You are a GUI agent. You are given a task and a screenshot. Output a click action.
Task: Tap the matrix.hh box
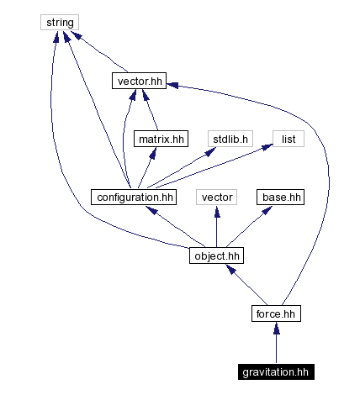tap(160, 139)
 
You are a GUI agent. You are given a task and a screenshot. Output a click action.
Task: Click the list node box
tap(287, 139)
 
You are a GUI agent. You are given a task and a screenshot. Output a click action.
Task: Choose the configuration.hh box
tap(135, 197)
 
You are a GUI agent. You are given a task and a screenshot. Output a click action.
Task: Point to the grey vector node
tap(217, 197)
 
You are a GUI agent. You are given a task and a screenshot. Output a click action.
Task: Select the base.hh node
tap(281, 197)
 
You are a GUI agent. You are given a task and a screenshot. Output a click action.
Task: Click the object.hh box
tap(217, 255)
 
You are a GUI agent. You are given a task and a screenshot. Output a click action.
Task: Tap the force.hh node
tap(276, 313)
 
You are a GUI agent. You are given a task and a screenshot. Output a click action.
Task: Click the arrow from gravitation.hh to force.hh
tap(276, 343)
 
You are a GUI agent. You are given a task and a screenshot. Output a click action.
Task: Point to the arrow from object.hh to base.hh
tap(249, 226)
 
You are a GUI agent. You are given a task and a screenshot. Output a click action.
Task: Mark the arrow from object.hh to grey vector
tap(217, 226)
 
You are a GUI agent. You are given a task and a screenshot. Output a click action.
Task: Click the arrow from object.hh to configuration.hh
tap(176, 226)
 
